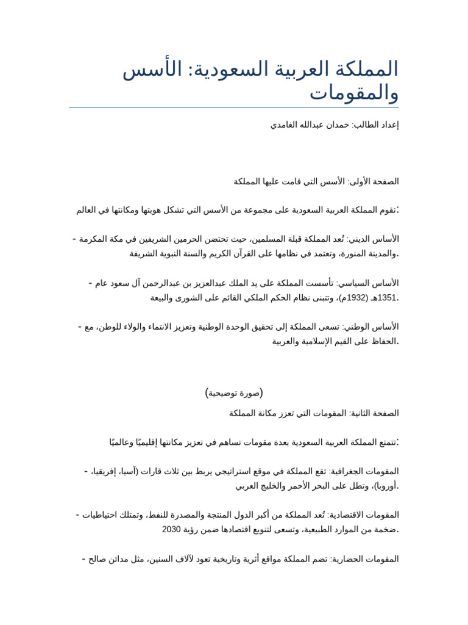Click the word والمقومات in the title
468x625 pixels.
coord(354,93)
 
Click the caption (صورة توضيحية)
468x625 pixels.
coord(234,392)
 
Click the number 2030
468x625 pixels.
coord(172,529)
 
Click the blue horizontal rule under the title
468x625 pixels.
coord(234,108)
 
